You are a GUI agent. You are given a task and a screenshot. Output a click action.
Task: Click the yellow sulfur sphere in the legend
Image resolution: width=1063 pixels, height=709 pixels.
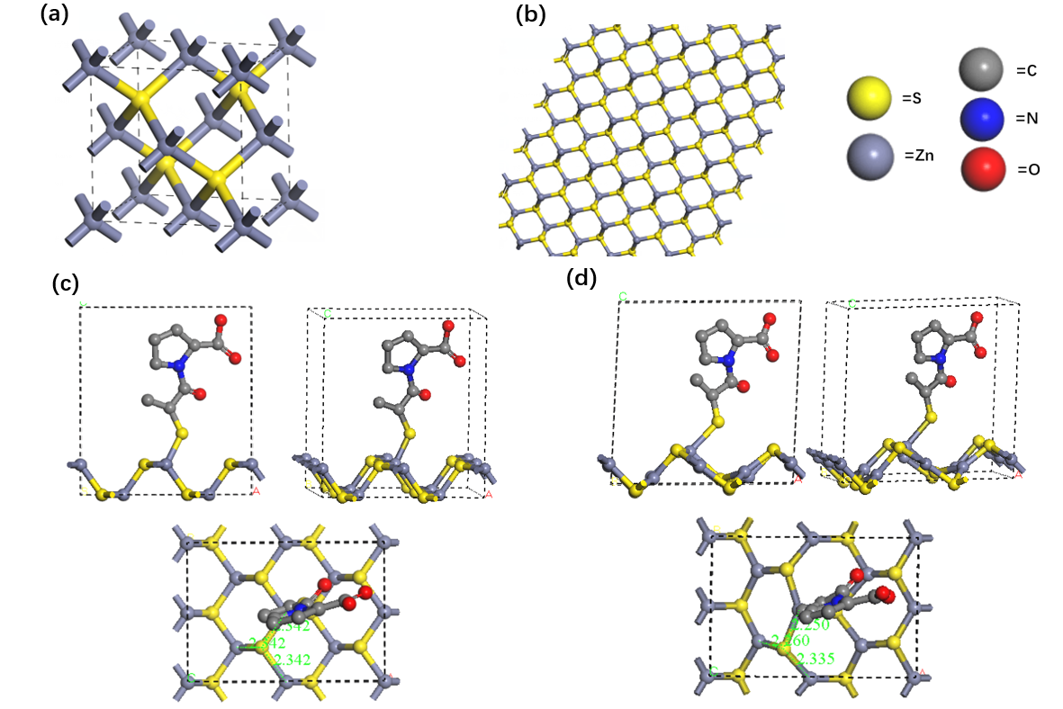(871, 97)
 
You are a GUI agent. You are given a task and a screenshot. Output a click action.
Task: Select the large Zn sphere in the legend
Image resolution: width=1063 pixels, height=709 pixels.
(871, 157)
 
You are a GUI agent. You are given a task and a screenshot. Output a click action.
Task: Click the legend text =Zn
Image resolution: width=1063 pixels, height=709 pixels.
(918, 157)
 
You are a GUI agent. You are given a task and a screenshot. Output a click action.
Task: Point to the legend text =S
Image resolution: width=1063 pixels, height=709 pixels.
(911, 98)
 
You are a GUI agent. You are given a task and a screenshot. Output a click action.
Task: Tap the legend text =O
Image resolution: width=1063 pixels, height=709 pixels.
(1029, 168)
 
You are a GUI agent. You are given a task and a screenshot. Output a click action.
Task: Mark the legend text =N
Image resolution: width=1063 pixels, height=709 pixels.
(1029, 119)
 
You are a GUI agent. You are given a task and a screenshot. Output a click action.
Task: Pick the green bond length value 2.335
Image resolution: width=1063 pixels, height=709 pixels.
(816, 659)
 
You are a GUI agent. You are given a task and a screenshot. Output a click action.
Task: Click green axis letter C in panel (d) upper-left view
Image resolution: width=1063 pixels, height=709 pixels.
(622, 296)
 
